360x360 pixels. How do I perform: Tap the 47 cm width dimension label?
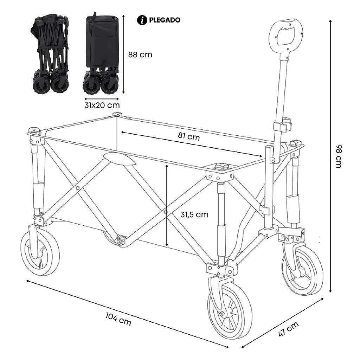288,329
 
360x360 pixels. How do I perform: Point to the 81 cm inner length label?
188,137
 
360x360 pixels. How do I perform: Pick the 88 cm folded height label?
140,55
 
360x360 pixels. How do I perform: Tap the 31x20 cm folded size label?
102,105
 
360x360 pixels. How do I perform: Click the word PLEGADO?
165,20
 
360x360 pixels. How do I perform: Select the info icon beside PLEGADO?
142,20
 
